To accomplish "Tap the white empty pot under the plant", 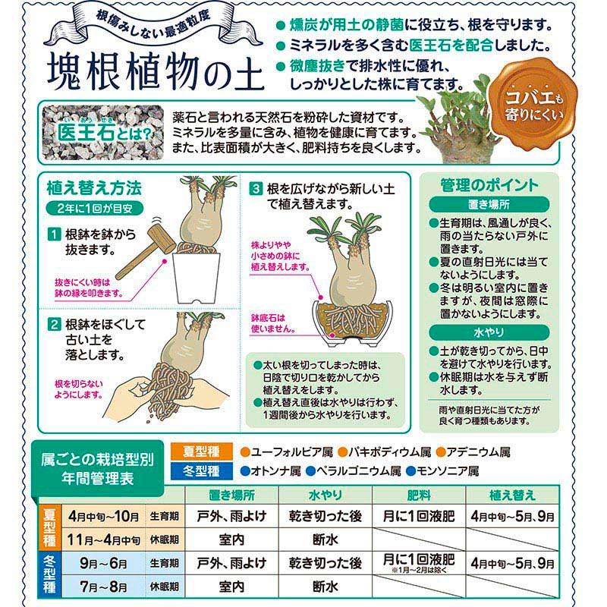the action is pyautogui.click(x=197, y=277).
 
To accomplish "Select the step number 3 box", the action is pyautogui.click(x=256, y=189).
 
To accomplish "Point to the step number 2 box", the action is pyautogui.click(x=54, y=324).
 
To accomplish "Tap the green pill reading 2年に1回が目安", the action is pyautogui.click(x=94, y=208).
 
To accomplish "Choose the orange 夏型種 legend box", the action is pyautogui.click(x=201, y=451).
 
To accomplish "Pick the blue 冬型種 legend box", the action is pyautogui.click(x=201, y=470).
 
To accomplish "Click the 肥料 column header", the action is pyautogui.click(x=419, y=495).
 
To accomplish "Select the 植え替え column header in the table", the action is pyautogui.click(x=512, y=495).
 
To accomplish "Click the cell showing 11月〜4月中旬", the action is pyautogui.click(x=103, y=539).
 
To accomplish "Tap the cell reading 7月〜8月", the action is pyautogui.click(x=103, y=587).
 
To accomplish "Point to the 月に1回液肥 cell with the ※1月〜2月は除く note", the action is pyautogui.click(x=419, y=563).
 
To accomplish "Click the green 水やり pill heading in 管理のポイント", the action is pyautogui.click(x=489, y=332).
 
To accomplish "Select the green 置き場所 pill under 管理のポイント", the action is pyautogui.click(x=489, y=204).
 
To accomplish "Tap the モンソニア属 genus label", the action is pyautogui.click(x=442, y=470).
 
